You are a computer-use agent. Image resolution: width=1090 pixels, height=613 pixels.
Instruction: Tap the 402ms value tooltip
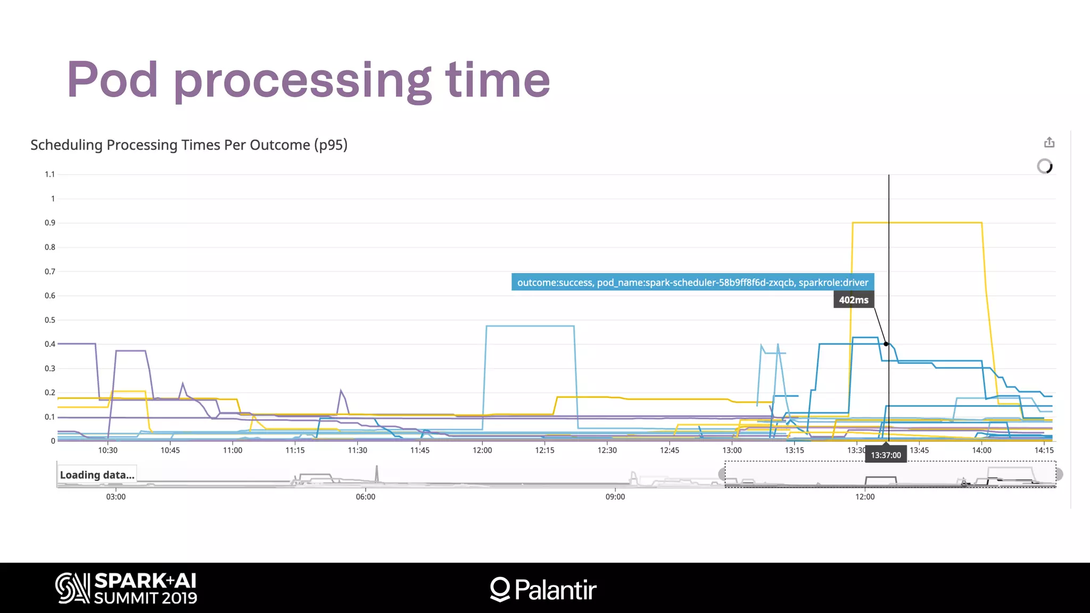(853, 300)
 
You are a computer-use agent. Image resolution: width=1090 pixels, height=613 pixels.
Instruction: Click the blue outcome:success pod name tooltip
(692, 282)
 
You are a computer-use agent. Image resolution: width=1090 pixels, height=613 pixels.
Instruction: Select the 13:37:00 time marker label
(886, 455)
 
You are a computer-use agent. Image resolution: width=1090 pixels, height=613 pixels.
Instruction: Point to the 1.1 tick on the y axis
(49, 174)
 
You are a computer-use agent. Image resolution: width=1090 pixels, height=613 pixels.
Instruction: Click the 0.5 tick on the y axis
(49, 320)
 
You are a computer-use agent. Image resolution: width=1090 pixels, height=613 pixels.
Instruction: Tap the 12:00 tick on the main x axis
(482, 450)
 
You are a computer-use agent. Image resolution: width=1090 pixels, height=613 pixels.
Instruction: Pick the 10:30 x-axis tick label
(108, 450)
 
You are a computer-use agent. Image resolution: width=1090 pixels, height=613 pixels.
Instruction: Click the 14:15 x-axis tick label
(1044, 450)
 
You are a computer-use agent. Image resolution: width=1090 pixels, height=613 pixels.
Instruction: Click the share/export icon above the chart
(1049, 143)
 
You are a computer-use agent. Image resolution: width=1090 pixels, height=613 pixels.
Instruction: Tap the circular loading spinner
(1045, 167)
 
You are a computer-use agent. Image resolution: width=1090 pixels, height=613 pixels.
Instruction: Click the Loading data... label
(97, 475)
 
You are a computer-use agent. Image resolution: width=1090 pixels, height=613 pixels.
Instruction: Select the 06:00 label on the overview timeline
(366, 496)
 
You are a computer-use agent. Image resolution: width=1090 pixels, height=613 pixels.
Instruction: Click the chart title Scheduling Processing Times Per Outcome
(188, 145)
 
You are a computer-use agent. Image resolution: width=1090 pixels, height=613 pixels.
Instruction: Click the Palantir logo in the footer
(543, 590)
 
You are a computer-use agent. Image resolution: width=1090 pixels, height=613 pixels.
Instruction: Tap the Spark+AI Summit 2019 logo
(127, 588)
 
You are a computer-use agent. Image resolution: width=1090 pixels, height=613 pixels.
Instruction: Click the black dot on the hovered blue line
(886, 344)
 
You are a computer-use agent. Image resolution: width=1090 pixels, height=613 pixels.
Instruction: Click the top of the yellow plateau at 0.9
(916, 222)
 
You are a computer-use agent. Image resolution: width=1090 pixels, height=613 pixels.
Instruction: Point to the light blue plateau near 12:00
(530, 326)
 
